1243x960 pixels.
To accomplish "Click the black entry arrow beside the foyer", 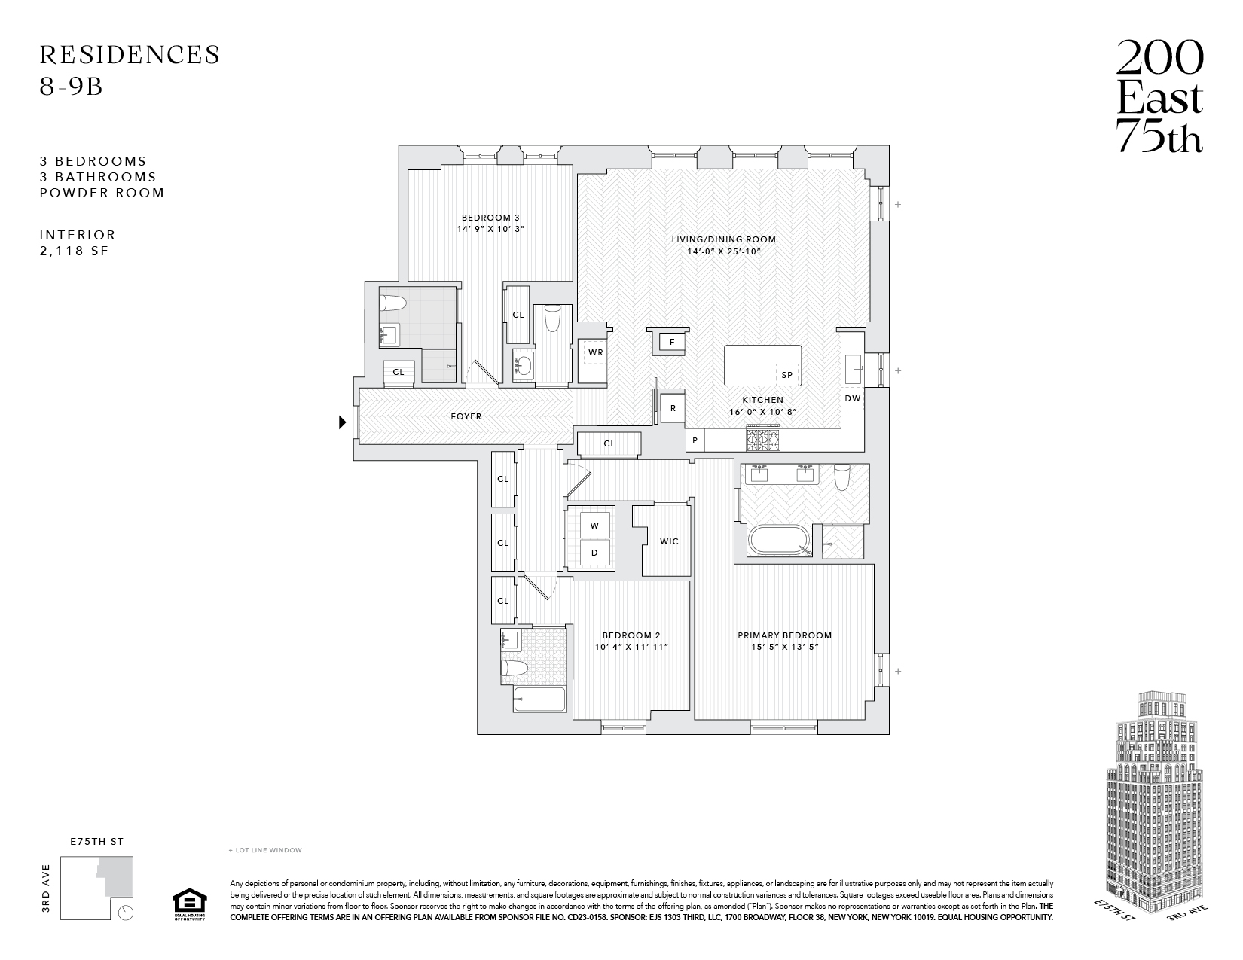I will tap(342, 422).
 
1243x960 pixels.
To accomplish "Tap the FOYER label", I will tap(466, 416).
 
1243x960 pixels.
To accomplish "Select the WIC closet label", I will tap(668, 541).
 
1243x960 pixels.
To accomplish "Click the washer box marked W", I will tap(594, 525).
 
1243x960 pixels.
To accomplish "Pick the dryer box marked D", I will tap(594, 553).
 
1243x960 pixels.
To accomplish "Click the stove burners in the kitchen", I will tap(765, 436).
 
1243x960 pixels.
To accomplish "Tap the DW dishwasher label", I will tap(852, 398).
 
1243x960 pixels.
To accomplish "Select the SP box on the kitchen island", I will tap(787, 374).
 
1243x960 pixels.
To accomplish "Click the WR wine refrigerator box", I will tap(595, 352).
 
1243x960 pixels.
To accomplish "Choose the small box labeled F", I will tap(672, 342).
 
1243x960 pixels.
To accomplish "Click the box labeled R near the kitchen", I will tap(673, 408).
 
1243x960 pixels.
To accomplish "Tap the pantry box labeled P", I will tap(695, 440).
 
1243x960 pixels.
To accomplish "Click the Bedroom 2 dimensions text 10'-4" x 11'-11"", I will tap(632, 647).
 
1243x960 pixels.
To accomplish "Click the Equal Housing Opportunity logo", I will tap(188, 904).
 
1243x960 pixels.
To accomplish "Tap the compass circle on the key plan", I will tap(127, 913).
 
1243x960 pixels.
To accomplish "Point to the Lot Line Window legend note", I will tap(264, 850).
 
